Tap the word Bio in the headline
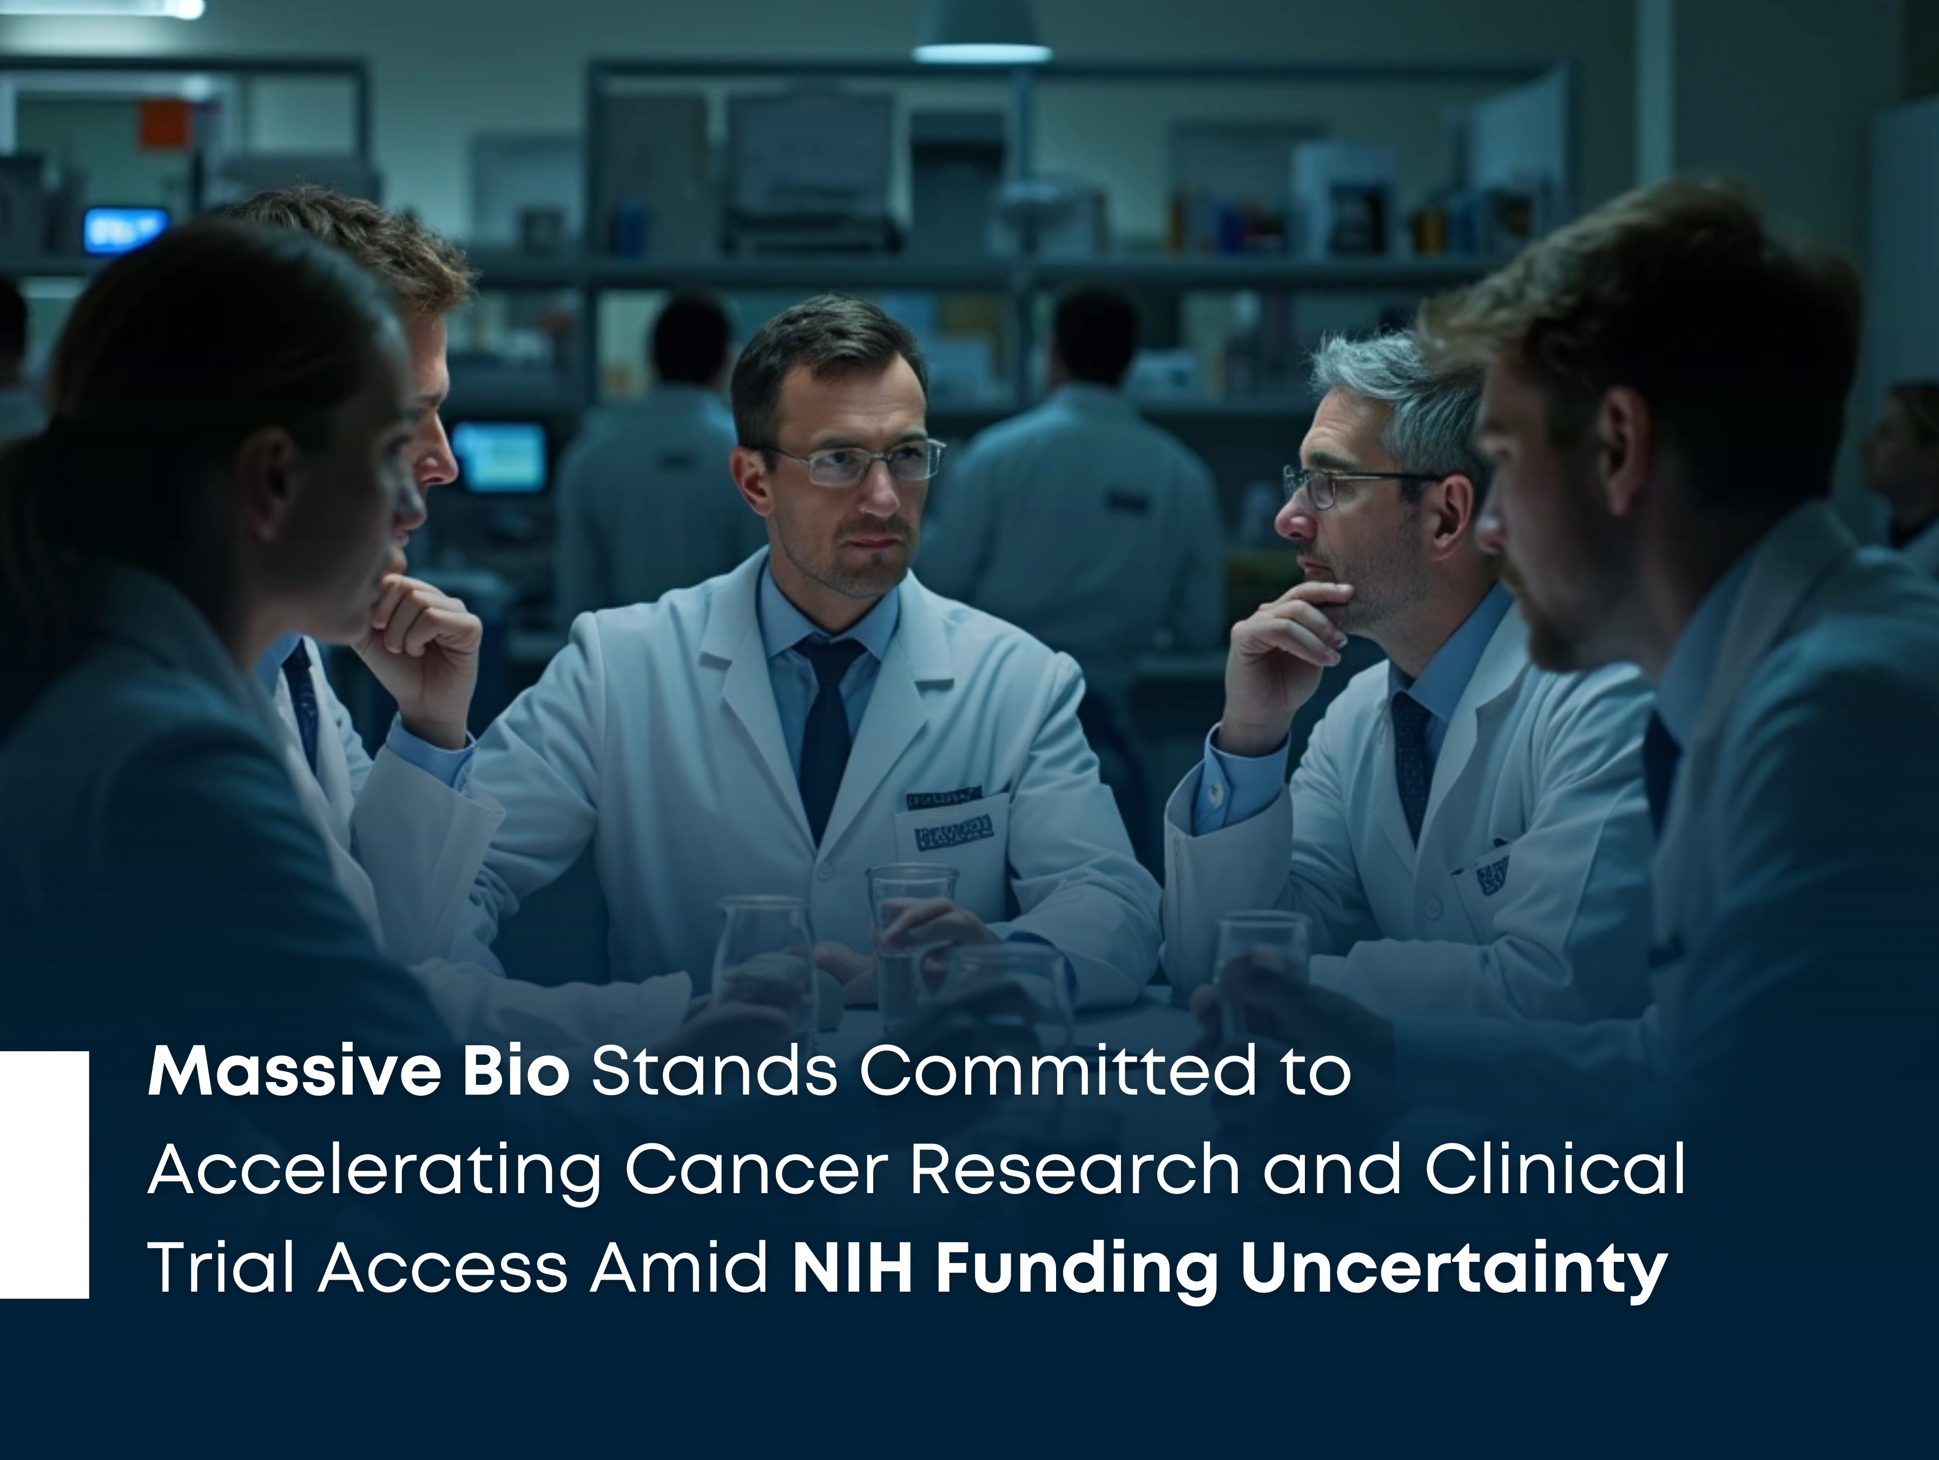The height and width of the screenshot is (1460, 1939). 516,1071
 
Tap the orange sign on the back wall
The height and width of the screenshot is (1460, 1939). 165,123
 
